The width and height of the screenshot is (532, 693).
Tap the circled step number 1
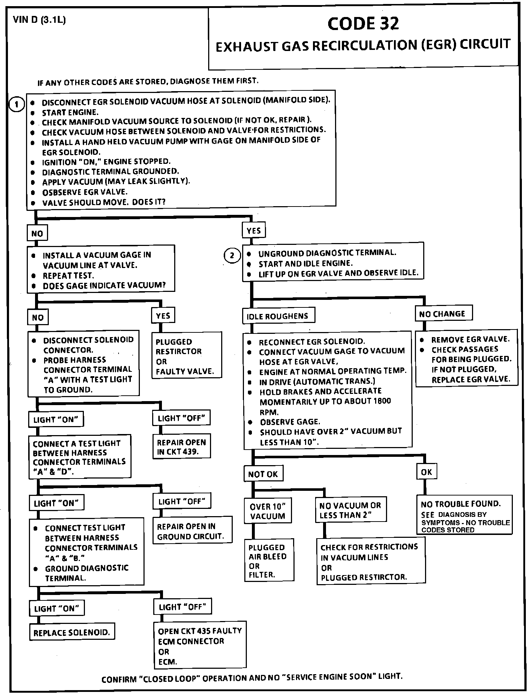(x=16, y=105)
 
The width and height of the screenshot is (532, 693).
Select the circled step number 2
(x=232, y=256)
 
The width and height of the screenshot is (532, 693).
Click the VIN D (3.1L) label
(x=39, y=20)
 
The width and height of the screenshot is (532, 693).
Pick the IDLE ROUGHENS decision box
(x=278, y=316)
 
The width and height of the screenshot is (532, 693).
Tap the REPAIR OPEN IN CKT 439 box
(x=181, y=447)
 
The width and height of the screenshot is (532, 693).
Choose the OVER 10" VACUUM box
(x=268, y=511)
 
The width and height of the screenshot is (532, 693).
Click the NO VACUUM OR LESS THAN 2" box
(x=350, y=510)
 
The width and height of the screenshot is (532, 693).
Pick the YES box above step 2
(x=253, y=231)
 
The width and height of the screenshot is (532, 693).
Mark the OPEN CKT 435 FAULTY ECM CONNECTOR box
(x=199, y=646)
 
